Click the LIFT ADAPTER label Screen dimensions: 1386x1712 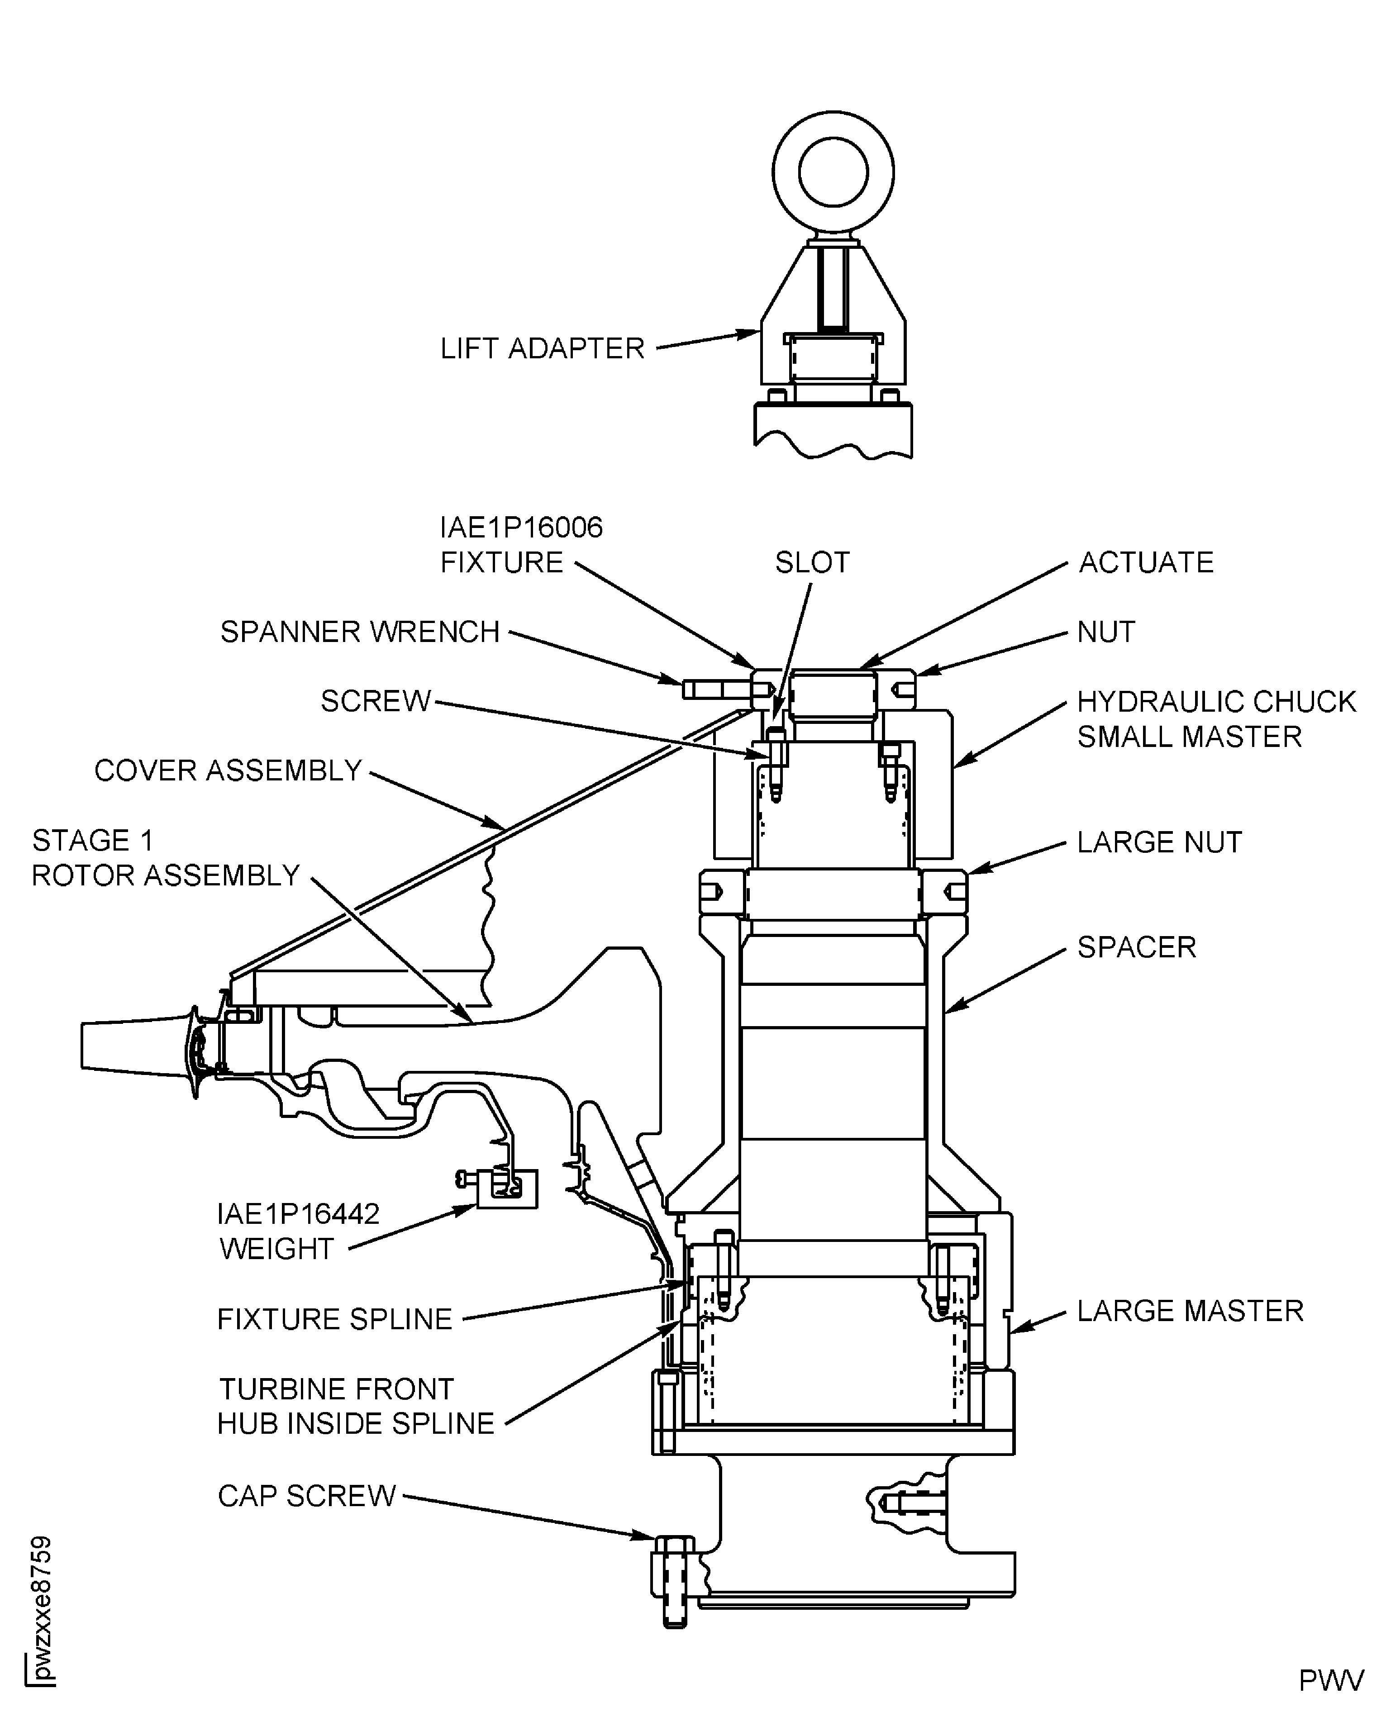(542, 349)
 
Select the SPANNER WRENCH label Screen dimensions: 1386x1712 (360, 632)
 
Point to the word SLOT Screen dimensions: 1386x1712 (812, 563)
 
